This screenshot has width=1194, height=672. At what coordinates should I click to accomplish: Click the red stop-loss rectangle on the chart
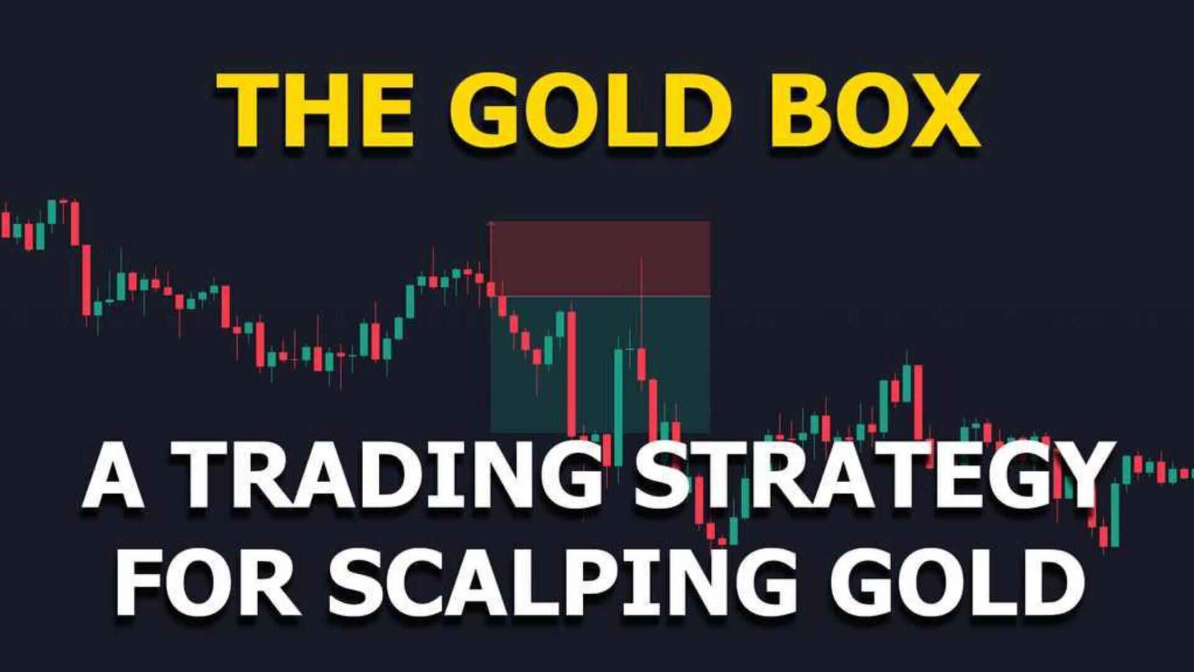(x=600, y=258)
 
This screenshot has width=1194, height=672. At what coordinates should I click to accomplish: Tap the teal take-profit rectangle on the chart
(x=600, y=364)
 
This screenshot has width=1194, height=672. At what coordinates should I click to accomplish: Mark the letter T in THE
(x=249, y=110)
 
